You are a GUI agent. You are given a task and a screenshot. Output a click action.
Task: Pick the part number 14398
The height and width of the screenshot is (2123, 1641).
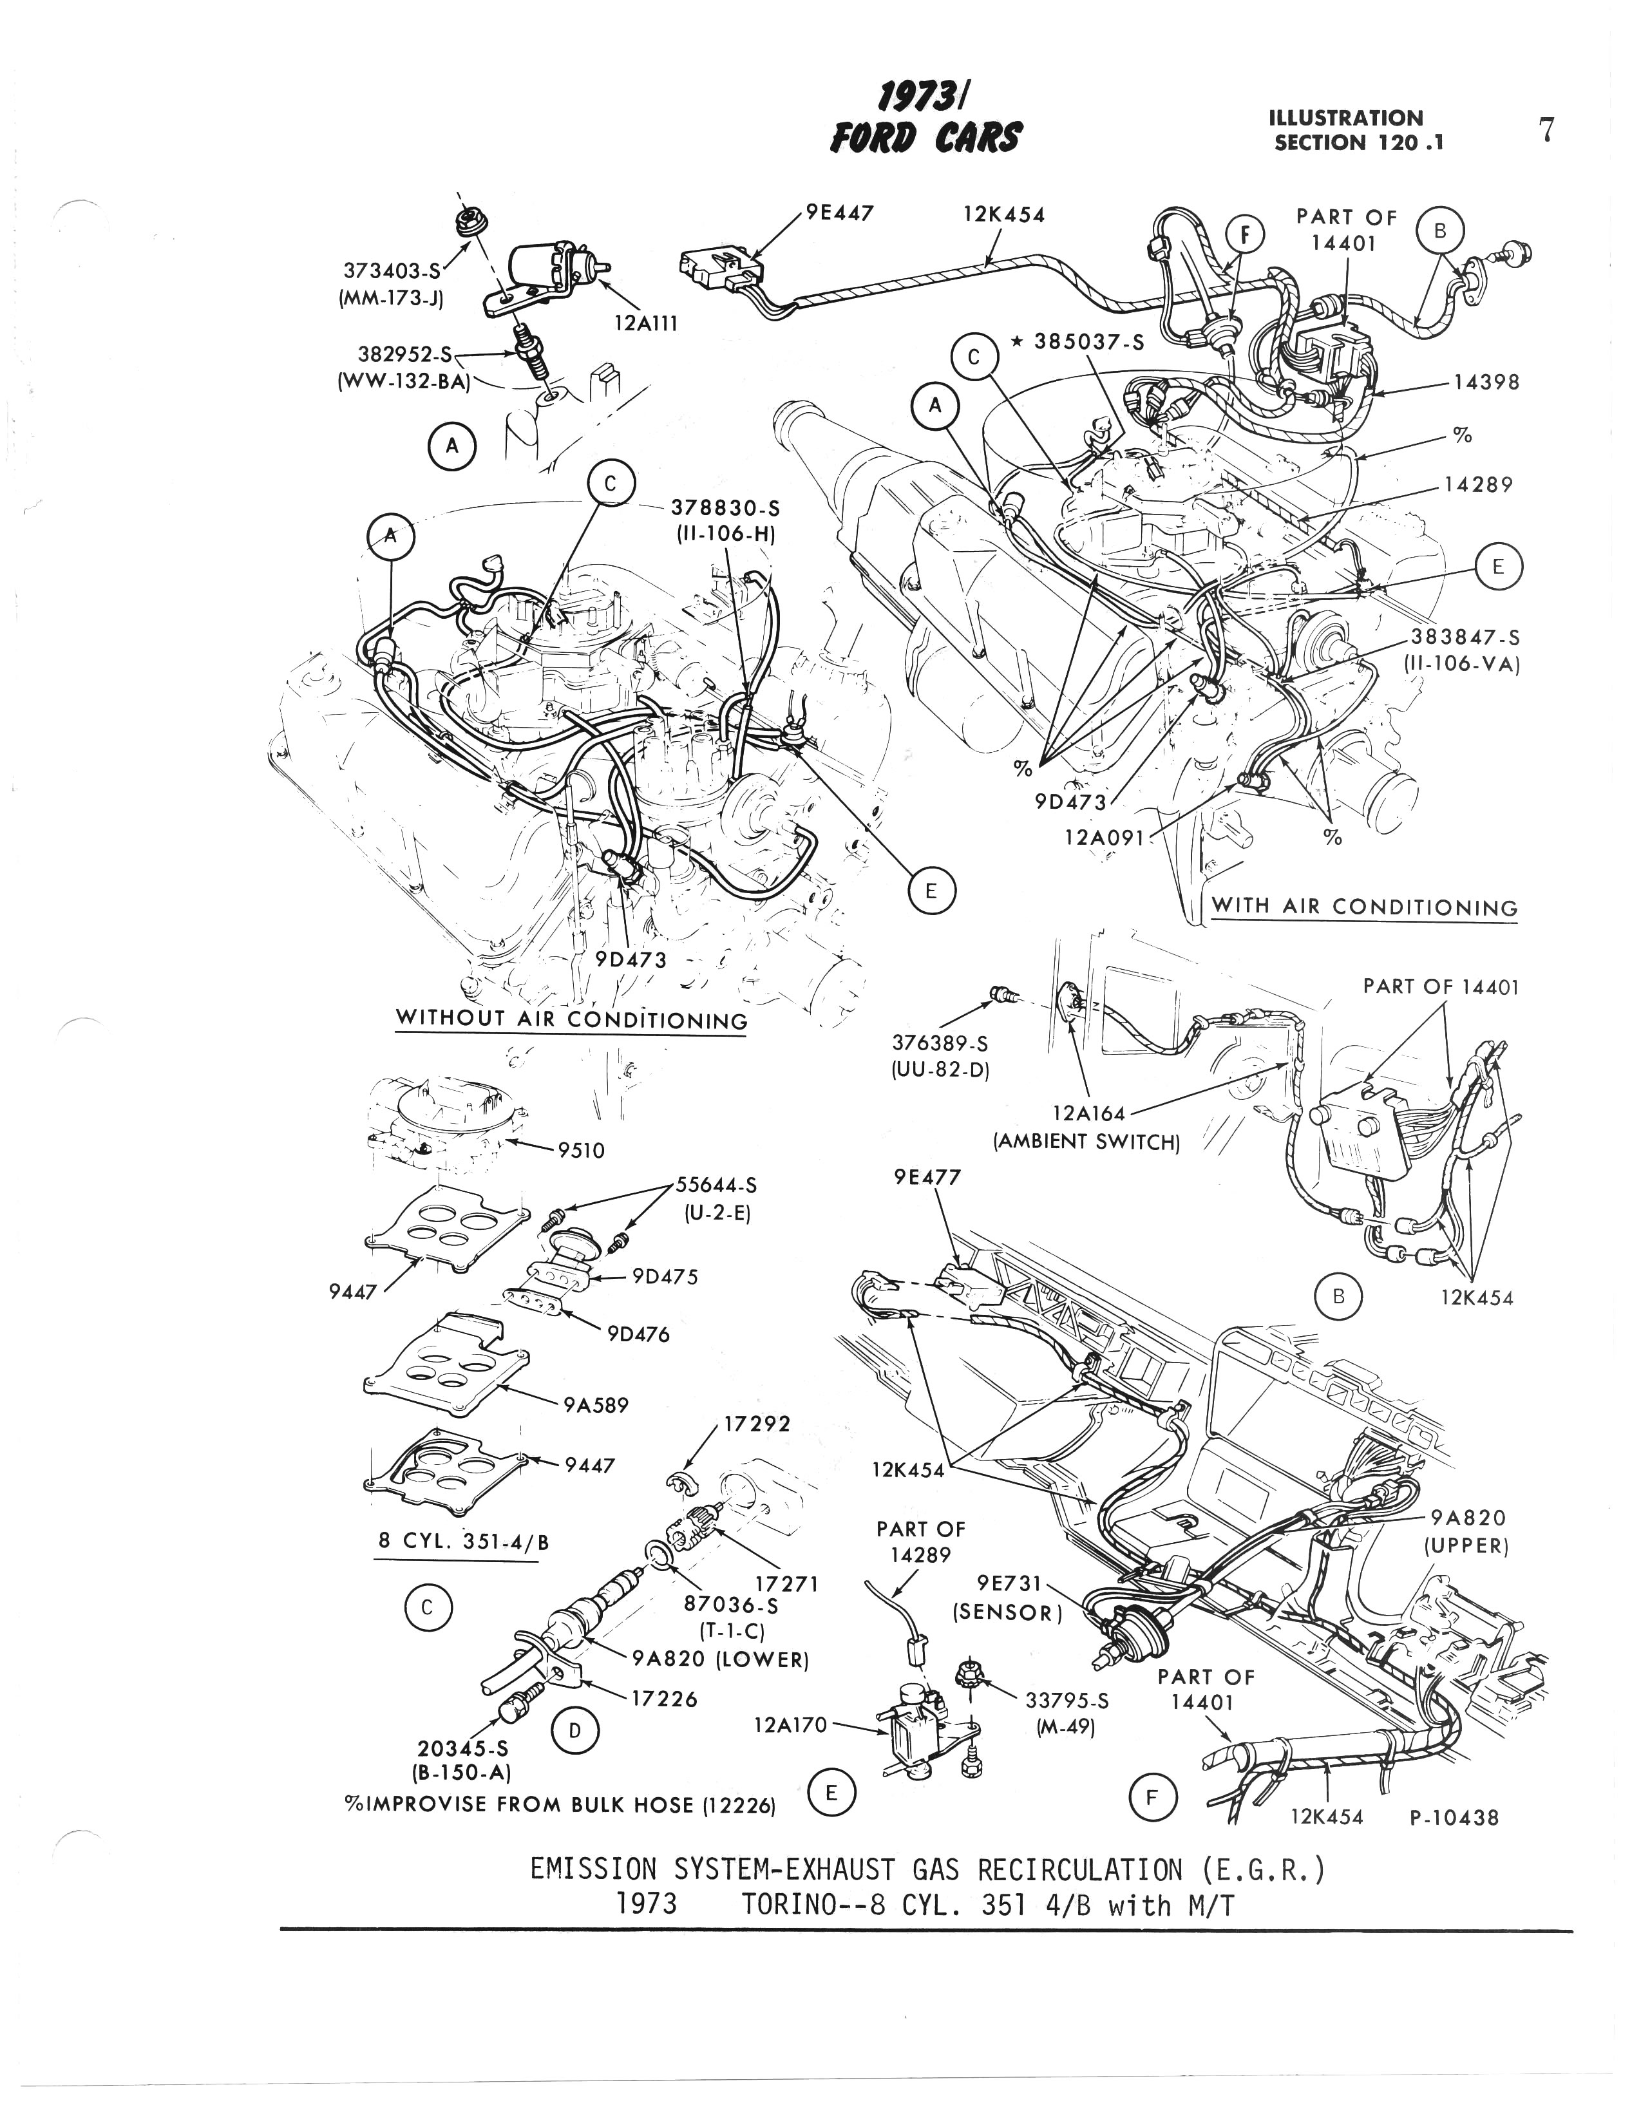(x=1485, y=382)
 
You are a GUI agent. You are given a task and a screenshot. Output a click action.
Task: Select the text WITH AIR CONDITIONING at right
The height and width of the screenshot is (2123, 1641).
(x=1364, y=907)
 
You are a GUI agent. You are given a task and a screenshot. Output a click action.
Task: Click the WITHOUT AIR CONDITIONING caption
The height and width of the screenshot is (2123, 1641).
(x=572, y=1020)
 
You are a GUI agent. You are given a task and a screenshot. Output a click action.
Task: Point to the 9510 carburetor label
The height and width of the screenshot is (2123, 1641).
(x=580, y=1151)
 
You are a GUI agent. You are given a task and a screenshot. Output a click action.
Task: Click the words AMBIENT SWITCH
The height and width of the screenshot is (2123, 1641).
(x=1086, y=1141)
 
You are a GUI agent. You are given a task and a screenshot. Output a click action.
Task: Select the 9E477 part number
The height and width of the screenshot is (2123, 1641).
(x=927, y=1177)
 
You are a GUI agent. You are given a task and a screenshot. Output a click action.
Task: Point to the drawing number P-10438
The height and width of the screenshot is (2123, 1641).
(x=1454, y=1816)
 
